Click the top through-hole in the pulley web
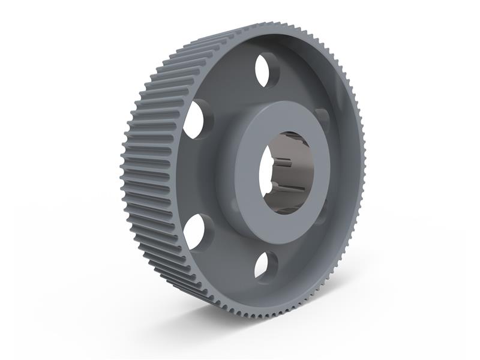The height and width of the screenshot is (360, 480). (x=266, y=70)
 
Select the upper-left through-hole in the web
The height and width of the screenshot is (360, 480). (x=195, y=119)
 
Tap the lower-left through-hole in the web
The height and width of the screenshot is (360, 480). (x=195, y=232)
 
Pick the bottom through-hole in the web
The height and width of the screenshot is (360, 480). (x=265, y=265)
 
